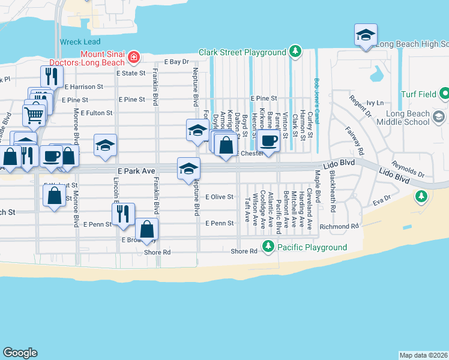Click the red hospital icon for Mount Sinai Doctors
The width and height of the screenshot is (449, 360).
click(135, 58)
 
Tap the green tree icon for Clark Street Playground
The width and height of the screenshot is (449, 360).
click(295, 52)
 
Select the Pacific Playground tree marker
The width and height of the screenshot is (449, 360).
click(268, 247)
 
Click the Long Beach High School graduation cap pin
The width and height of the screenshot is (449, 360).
click(365, 34)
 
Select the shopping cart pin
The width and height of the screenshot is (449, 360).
click(34, 113)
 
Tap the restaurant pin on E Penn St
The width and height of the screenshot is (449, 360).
click(123, 214)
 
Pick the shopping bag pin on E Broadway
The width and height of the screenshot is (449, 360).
click(147, 229)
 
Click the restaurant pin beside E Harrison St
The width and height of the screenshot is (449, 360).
click(52, 76)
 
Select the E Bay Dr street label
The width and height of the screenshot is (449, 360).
click(176, 61)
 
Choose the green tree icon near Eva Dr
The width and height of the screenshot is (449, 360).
click(422, 196)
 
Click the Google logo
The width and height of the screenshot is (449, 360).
click(20, 353)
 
